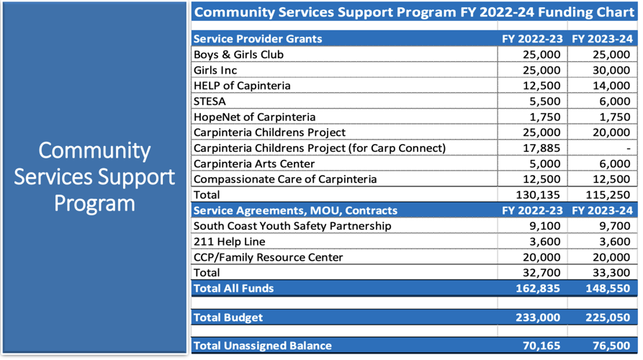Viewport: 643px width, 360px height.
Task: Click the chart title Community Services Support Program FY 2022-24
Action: pyautogui.click(x=414, y=12)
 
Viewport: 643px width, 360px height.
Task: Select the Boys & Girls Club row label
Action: pyautogui.click(x=238, y=55)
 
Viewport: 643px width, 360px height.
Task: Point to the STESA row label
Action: pyautogui.click(x=210, y=102)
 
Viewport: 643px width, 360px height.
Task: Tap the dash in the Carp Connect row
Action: pyautogui.click(x=628, y=148)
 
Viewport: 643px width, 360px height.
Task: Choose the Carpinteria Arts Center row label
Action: pyautogui.click(x=254, y=164)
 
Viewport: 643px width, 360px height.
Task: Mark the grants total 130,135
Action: pyautogui.click(x=537, y=195)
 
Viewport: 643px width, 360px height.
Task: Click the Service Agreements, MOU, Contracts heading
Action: pyautogui.click(x=295, y=211)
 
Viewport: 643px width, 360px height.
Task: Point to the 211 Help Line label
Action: pyautogui.click(x=229, y=242)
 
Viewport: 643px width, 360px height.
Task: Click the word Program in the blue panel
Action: pyautogui.click(x=95, y=203)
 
